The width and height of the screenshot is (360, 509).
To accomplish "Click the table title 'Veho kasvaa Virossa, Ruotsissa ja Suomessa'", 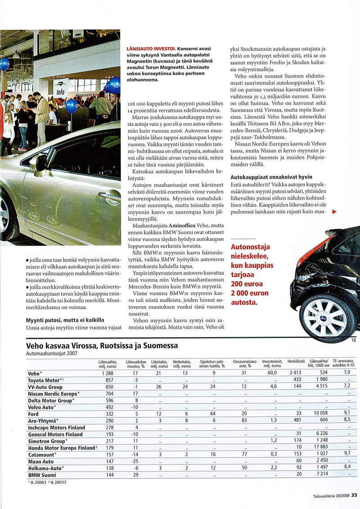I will pyautogui.click(x=102, y=346).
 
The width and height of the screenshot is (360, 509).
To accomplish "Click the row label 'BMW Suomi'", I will pyautogui.click(x=42, y=475).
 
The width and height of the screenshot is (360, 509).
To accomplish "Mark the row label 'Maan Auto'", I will pyautogui.click(x=41, y=461).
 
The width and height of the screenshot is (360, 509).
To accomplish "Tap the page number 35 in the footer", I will pyautogui.click(x=355, y=495).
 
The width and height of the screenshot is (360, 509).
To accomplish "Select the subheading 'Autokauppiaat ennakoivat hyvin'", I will pyautogui.click(x=271, y=177).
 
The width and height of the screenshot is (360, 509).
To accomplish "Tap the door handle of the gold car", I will pyautogui.click(x=109, y=197).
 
